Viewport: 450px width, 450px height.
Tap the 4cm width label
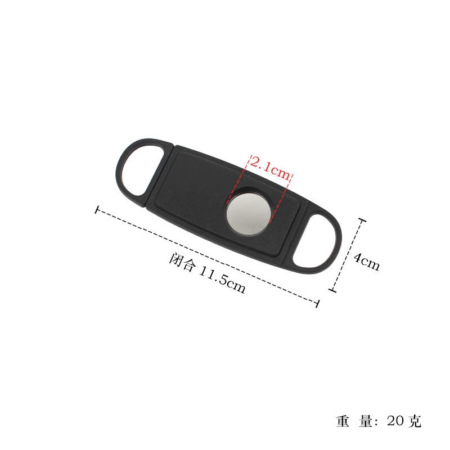[367, 260]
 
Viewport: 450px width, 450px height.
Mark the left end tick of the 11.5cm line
[97, 210]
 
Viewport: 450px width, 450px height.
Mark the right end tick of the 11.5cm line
[318, 304]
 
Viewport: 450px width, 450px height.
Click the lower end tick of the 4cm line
[332, 291]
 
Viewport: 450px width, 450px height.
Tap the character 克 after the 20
[415, 421]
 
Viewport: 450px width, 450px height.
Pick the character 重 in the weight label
[343, 421]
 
